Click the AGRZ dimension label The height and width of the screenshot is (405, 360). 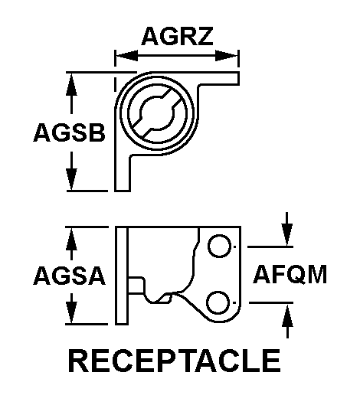point(176,35)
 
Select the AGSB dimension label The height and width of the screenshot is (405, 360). point(68,132)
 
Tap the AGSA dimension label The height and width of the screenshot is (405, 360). point(68,276)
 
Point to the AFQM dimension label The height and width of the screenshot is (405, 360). point(290,274)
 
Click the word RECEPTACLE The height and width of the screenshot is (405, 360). point(174,361)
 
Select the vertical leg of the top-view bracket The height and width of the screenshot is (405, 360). point(123,172)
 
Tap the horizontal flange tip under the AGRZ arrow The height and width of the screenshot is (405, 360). point(230,77)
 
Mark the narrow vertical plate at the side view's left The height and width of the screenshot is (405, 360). point(121,276)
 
